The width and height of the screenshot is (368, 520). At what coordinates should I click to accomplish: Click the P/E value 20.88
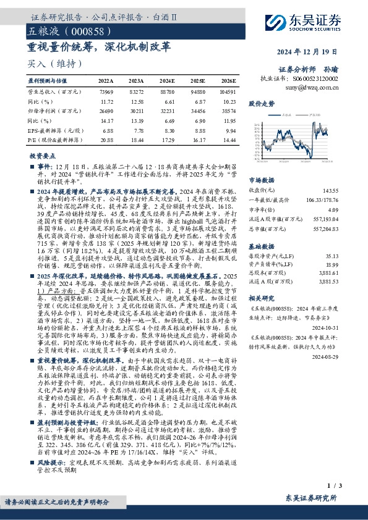coord(106,141)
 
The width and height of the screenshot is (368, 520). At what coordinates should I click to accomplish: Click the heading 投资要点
coord(44,157)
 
